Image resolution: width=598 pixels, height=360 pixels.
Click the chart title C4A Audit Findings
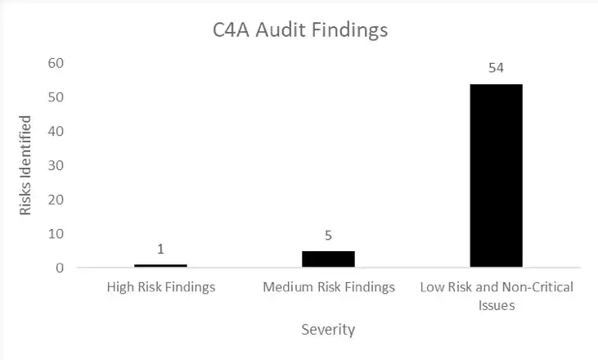[300, 30]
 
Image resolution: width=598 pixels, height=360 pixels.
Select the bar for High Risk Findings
[160, 265]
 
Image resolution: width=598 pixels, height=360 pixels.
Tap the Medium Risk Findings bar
[328, 259]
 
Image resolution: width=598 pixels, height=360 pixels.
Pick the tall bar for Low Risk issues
[497, 175]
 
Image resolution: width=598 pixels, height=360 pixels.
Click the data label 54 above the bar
[497, 68]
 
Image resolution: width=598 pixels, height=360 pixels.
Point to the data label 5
[328, 236]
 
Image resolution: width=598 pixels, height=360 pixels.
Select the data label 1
[160, 249]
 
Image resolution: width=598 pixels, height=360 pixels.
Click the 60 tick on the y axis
[56, 63]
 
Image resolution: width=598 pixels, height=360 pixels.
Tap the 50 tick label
[56, 97]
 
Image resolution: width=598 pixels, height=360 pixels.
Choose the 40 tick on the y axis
[56, 131]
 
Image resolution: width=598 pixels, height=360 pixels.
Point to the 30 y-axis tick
[56, 165]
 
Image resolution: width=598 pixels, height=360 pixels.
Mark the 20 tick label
[56, 200]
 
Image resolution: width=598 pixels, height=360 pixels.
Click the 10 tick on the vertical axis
[56, 234]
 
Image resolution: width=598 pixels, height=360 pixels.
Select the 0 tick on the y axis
[60, 268]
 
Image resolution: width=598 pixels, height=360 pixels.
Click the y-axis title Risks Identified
[25, 165]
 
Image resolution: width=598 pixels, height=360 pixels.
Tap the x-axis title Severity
[328, 330]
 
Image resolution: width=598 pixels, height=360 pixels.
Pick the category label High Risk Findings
[161, 287]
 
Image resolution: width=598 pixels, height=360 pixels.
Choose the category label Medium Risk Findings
[329, 287]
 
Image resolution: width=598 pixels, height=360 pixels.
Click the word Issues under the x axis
[497, 305]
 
